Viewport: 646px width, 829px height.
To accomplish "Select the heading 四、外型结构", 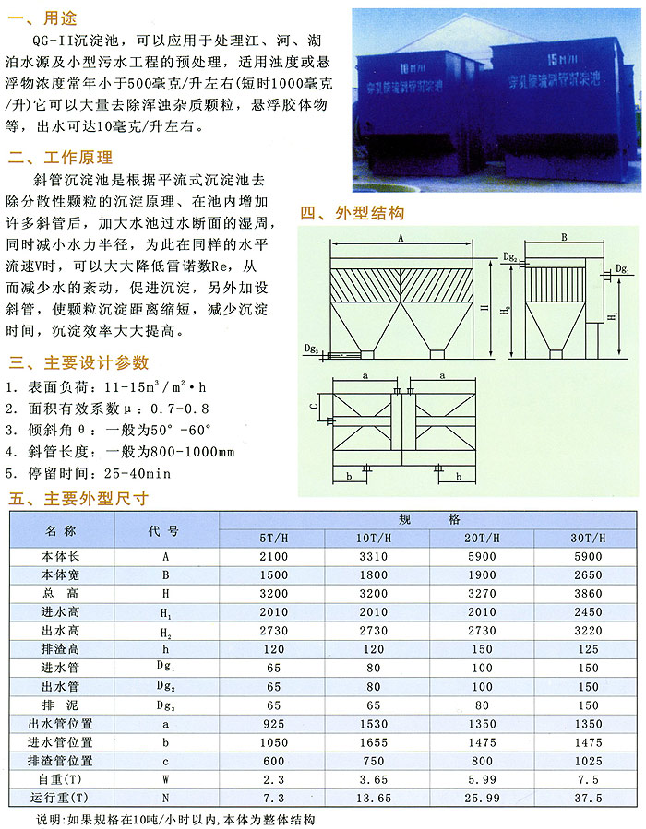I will coord(353,213).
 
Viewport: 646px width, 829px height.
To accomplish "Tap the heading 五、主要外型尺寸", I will coord(78,500).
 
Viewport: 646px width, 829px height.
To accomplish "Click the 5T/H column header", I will coord(272,538).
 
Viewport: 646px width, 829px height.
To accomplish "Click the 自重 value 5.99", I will coord(482,778).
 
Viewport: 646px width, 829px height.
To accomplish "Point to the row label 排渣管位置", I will coord(62,761).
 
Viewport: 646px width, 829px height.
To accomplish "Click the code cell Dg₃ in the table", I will coord(166,705).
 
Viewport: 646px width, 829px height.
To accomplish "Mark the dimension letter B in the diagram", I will coord(563,238).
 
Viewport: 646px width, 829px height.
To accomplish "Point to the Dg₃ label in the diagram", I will coord(312,349).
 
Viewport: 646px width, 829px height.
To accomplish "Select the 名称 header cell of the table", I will coord(62,529).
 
